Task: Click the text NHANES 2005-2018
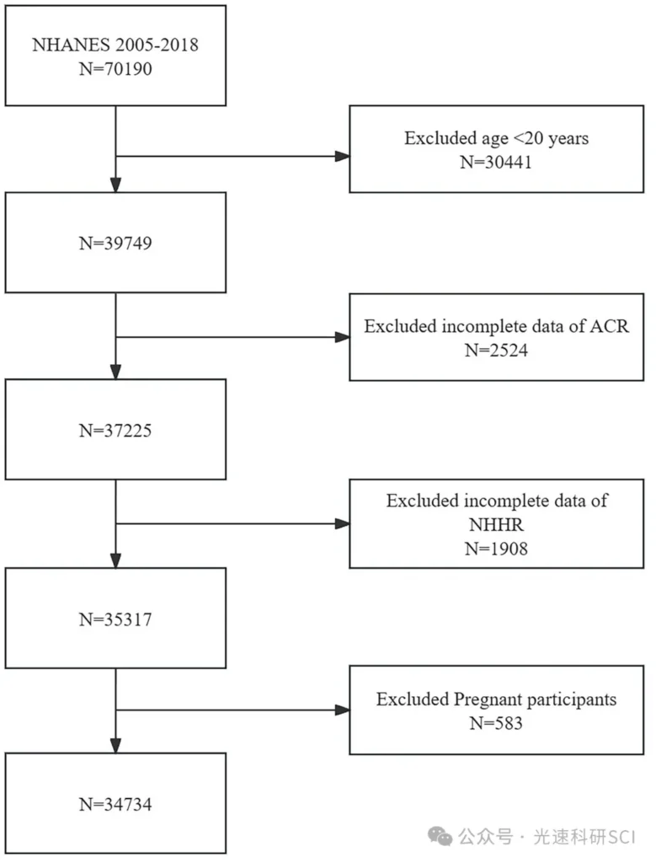coord(115,45)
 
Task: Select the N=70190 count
coord(115,69)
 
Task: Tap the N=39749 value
coord(115,243)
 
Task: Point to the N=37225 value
coord(115,430)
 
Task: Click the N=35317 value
coord(115,619)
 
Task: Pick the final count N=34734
coord(115,804)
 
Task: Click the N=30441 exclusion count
coord(496,162)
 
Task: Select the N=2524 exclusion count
coord(496,350)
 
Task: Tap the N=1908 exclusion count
coord(496,548)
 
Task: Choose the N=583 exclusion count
coord(496,722)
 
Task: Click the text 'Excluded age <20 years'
coord(496,138)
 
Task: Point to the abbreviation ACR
coord(609,326)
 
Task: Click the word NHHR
coord(496,524)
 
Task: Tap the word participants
coord(572,700)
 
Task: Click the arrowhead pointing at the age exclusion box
coord(342,156)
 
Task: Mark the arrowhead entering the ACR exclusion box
coord(342,337)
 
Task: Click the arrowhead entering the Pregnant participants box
coord(342,710)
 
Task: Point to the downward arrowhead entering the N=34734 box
coord(115,746)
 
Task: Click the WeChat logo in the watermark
coord(440,836)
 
